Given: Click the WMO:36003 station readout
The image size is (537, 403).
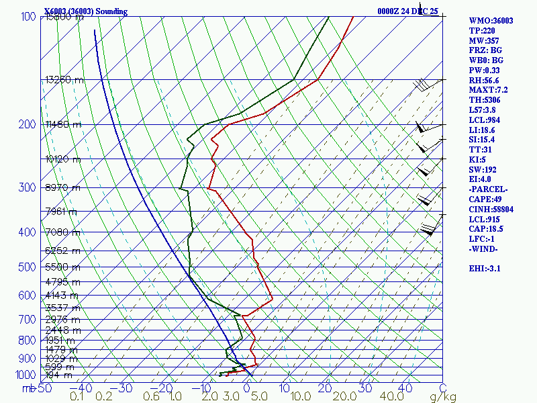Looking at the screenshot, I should pyautogui.click(x=491, y=21).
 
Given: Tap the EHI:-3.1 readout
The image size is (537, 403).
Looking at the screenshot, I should pyautogui.click(x=486, y=269).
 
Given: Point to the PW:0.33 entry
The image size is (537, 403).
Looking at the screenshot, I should pyautogui.click(x=485, y=71).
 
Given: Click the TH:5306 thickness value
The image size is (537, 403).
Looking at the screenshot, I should pyautogui.click(x=485, y=100).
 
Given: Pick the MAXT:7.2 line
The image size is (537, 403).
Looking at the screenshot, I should pyautogui.click(x=488, y=90).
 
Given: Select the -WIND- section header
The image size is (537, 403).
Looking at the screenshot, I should pyautogui.click(x=483, y=249).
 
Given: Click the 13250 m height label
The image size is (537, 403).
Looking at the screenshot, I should pyautogui.click(x=64, y=79).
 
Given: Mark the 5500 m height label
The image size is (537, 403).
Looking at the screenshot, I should pyautogui.click(x=62, y=267).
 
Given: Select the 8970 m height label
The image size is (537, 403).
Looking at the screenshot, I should pyautogui.click(x=62, y=187).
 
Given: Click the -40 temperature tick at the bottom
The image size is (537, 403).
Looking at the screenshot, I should pyautogui.click(x=85, y=388).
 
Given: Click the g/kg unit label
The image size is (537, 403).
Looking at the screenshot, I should pyautogui.click(x=444, y=397).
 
